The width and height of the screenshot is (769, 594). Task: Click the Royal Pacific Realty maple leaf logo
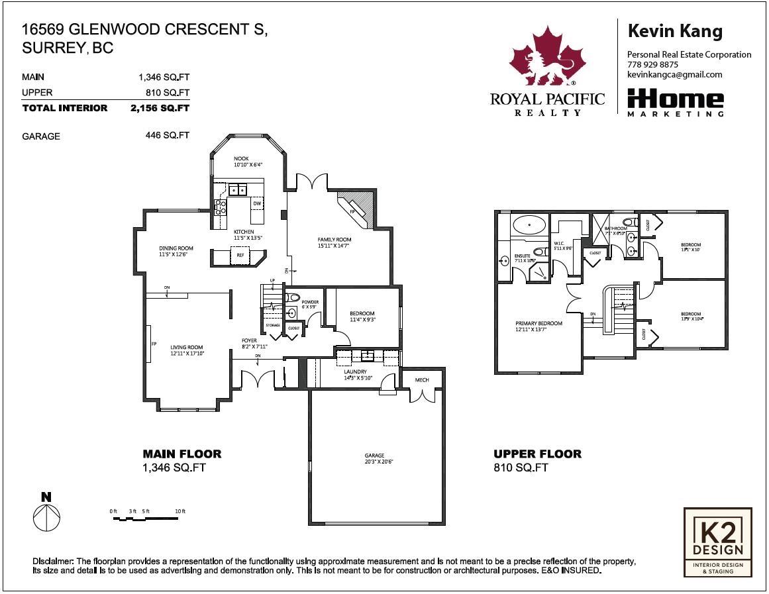[547, 58]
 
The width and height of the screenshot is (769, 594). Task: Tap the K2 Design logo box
[717, 542]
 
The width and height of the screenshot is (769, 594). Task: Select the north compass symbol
[46, 513]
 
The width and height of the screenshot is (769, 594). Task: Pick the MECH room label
[422, 380]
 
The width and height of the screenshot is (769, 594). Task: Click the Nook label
[241, 160]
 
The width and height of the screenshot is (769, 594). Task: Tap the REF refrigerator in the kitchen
[239, 256]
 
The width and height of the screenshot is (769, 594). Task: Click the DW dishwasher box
[257, 203]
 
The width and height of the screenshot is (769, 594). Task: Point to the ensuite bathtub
[529, 226]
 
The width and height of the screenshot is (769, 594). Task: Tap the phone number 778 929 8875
[652, 65]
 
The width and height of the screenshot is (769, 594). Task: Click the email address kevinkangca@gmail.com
[674, 75]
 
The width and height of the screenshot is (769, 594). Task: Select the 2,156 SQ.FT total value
[160, 108]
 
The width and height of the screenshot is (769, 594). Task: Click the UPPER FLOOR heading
[537, 454]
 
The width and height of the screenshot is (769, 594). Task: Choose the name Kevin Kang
[674, 31]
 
